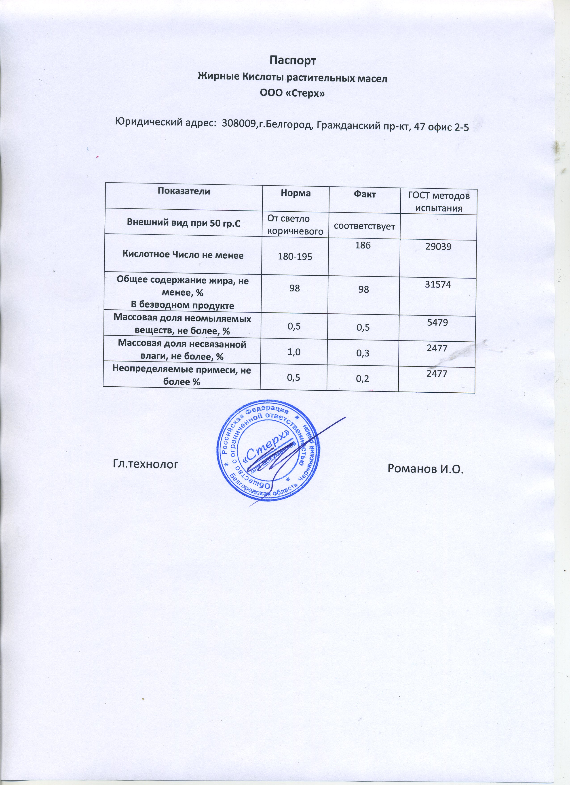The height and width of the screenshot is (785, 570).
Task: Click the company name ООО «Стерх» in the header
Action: pos(292,93)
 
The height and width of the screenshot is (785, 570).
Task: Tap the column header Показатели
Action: pos(184,191)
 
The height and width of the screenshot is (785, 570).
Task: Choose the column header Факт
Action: pos(365,195)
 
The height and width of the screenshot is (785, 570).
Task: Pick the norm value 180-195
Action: pos(295,256)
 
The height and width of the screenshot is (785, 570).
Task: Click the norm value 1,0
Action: pos(293,352)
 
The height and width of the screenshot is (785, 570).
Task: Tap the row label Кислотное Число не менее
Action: pos(183,255)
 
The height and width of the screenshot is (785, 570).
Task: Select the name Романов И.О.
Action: pos(425,469)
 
